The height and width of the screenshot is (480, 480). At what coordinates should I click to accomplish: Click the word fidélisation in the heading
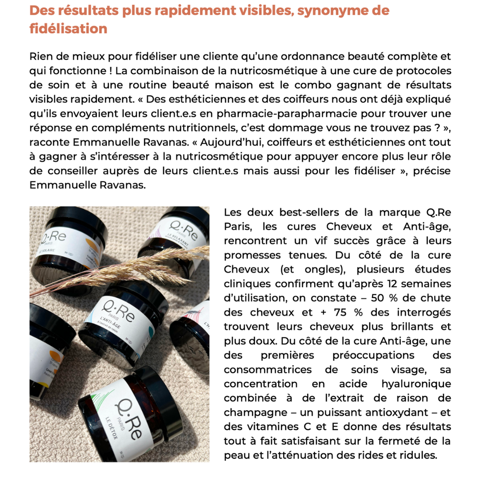(68, 29)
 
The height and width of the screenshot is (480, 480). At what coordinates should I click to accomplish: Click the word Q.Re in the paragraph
(438, 212)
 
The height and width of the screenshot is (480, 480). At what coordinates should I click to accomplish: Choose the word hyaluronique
(416, 383)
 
